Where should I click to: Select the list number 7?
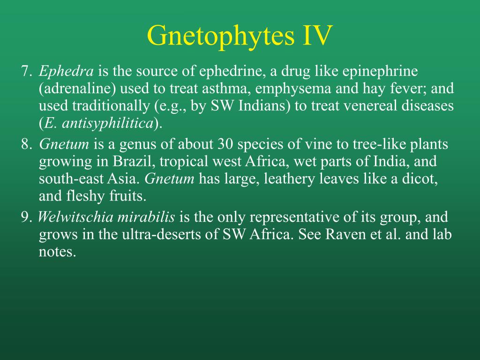tap(26, 71)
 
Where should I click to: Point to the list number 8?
tap(26, 144)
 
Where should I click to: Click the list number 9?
tap(26, 217)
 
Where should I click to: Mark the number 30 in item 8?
tap(226, 144)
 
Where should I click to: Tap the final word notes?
tap(57, 252)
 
